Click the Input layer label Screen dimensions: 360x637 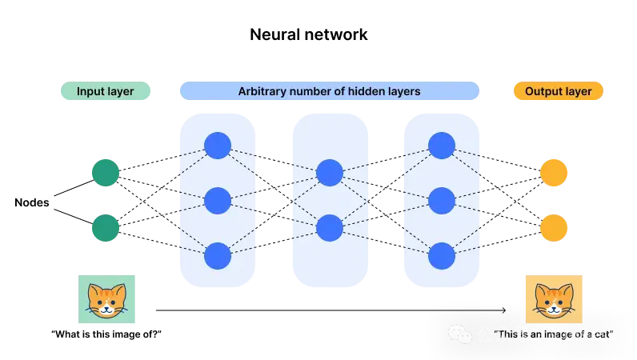[106, 91]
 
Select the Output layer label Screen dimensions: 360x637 [558, 91]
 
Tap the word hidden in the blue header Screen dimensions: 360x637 [363, 91]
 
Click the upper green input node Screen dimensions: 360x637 [105, 173]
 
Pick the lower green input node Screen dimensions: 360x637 [105, 229]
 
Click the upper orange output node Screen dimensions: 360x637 [554, 173]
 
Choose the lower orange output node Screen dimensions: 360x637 [554, 229]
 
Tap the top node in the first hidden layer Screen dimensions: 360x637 [218, 146]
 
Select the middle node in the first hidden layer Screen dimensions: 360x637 [218, 200]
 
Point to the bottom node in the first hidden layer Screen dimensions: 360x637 [218, 256]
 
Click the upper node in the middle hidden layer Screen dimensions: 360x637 [330, 173]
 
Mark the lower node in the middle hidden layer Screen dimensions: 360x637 [330, 228]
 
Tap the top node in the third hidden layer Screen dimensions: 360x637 [442, 146]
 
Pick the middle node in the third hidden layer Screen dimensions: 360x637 [442, 200]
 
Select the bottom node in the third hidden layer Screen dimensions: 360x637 [442, 256]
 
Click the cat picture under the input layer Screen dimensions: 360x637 [108, 301]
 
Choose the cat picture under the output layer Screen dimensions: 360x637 [554, 300]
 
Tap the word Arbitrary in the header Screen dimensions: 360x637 [263, 91]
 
